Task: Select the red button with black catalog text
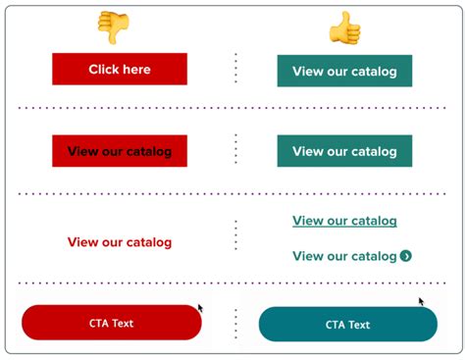point(120,151)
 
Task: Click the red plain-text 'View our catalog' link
point(120,241)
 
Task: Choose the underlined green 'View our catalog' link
point(344,221)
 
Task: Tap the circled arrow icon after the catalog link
point(406,256)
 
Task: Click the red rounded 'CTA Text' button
point(111,323)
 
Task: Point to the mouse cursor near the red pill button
point(200,307)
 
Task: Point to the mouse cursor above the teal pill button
point(422,301)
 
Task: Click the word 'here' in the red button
point(134,70)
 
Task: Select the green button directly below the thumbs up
point(344,71)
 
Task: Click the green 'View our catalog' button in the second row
point(344,151)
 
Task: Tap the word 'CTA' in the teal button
point(336,325)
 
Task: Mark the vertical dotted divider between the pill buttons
point(235,324)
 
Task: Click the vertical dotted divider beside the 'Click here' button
point(235,69)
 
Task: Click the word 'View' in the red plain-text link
point(81,241)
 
